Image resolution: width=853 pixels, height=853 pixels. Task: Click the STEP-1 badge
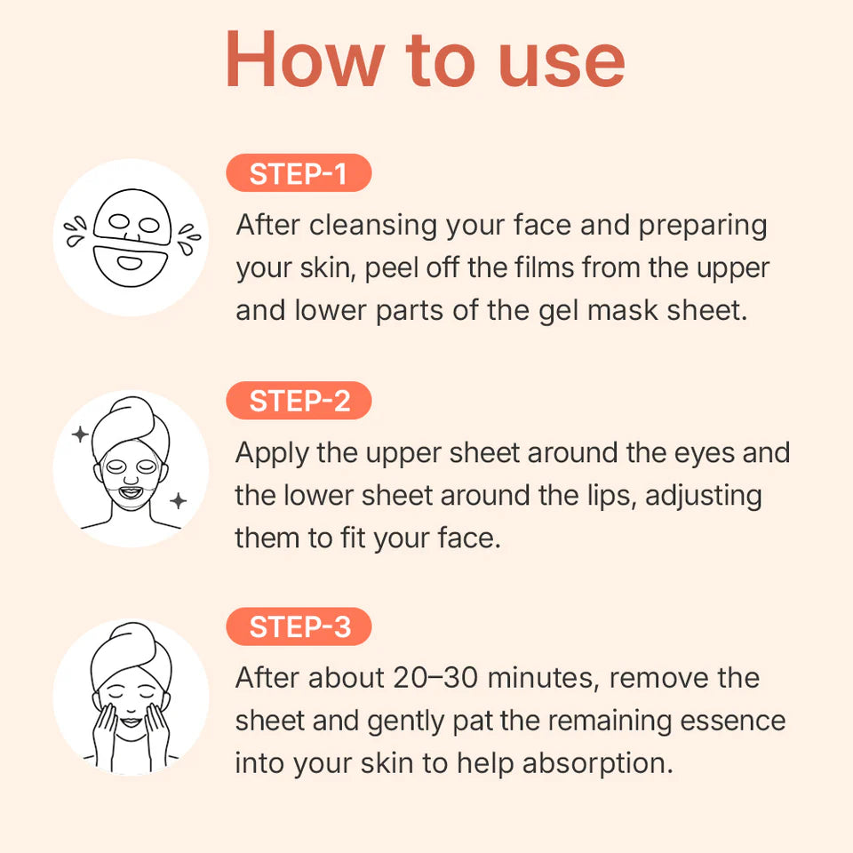(x=299, y=174)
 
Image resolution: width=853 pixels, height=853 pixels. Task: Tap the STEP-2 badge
(x=299, y=402)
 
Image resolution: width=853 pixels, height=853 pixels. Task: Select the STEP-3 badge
(x=299, y=627)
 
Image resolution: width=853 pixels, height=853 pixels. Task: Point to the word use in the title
(x=561, y=60)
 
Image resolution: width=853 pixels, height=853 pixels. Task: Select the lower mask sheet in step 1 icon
(x=132, y=261)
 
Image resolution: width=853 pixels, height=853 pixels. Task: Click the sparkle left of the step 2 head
(x=80, y=434)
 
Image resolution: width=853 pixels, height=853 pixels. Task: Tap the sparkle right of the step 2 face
(x=179, y=501)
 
